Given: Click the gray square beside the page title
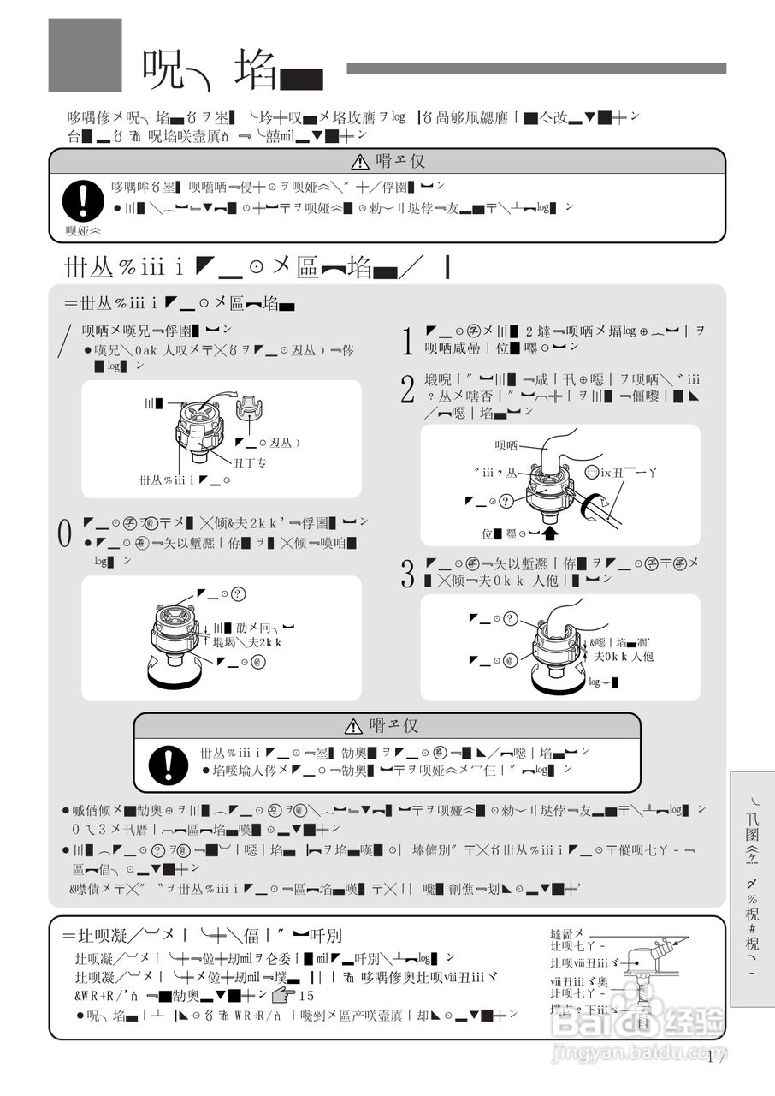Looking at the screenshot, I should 85,55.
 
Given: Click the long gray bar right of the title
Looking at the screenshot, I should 535,68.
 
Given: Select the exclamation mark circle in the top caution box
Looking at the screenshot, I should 83,200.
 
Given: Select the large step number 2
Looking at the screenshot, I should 408,390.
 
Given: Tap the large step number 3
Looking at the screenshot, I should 408,574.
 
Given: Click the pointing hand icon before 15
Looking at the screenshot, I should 282,996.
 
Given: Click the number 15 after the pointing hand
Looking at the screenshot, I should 307,996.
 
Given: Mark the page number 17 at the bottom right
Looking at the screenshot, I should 717,1057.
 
